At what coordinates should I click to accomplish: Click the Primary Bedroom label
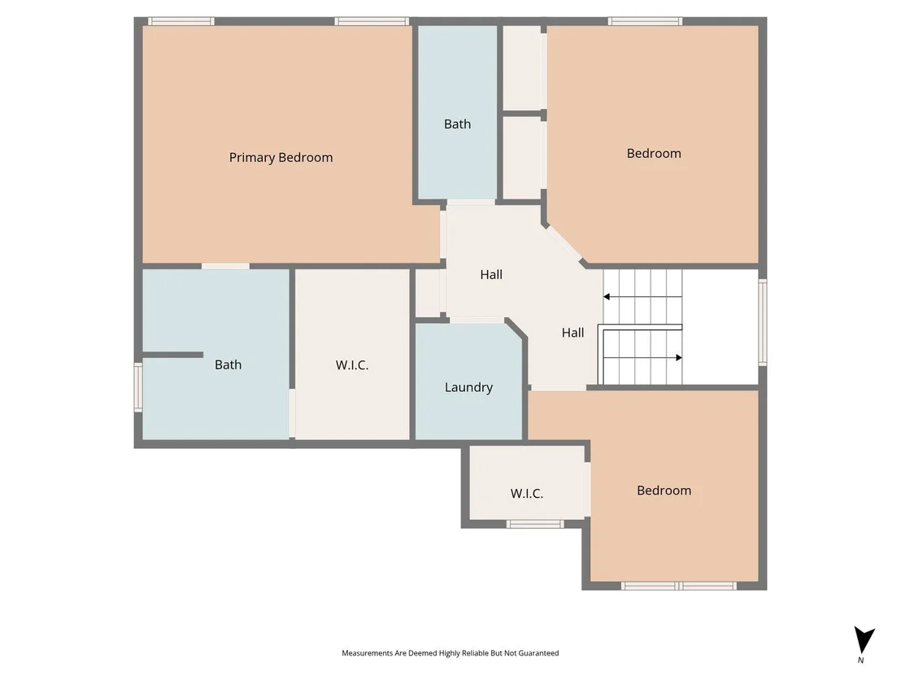coord(281,158)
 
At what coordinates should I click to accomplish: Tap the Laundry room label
coord(469,387)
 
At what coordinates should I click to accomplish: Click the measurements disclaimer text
coord(450,653)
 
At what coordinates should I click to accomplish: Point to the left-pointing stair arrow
coord(642,297)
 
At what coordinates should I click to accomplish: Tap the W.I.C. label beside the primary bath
coord(351,365)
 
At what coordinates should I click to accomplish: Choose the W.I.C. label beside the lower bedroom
coord(526,494)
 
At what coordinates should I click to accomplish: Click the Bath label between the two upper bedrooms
coord(457,124)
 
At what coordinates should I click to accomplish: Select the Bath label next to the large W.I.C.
coord(229,364)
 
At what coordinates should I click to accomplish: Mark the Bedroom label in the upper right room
coord(654,154)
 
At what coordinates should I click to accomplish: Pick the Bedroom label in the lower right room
coord(664,491)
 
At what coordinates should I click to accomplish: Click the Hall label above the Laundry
coord(491,275)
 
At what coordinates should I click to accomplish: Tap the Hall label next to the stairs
coord(573,333)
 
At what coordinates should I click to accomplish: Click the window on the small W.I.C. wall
coord(535,524)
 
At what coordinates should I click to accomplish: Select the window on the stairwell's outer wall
coord(763,322)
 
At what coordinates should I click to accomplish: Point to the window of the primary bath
coord(138,387)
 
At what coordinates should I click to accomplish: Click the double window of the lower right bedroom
coord(679,586)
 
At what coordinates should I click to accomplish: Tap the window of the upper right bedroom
coord(646,21)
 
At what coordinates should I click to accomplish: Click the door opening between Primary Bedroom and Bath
coord(225,266)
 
